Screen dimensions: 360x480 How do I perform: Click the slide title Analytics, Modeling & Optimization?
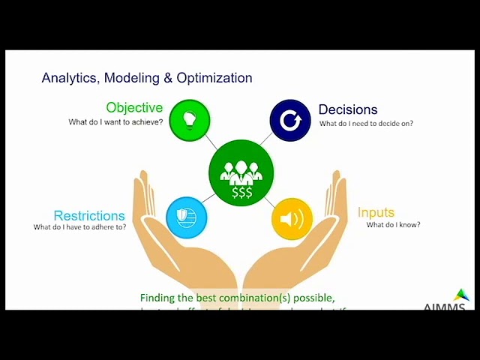[x=147, y=78]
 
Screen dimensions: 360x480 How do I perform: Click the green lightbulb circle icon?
[x=190, y=120]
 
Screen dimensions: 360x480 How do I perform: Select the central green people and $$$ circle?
[x=241, y=172]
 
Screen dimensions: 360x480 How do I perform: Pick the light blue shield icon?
[x=186, y=217]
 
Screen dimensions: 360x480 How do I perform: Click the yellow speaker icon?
[x=292, y=219]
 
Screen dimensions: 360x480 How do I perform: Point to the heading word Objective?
[x=134, y=108]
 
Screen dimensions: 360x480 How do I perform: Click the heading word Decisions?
[x=348, y=110]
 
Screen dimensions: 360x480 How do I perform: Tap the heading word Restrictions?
[x=89, y=216]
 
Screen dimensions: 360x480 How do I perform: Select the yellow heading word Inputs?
[x=376, y=213]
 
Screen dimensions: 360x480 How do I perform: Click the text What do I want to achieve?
[x=115, y=121]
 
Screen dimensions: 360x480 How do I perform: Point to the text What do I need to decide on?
[x=366, y=124]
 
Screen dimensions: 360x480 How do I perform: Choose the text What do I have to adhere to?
[x=79, y=227]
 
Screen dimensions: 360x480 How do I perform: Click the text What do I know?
[x=393, y=225]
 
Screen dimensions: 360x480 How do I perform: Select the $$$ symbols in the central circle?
[x=241, y=193]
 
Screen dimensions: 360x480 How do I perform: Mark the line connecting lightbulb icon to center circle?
[x=210, y=141]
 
